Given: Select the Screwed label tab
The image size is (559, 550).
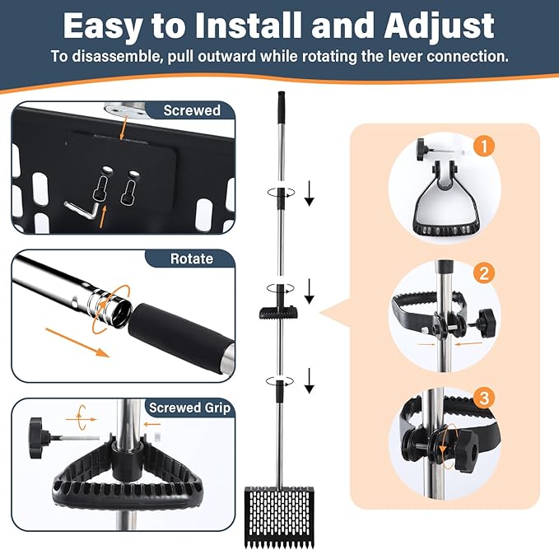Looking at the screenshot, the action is (x=191, y=110).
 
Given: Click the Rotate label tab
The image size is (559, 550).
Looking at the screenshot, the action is (x=191, y=259).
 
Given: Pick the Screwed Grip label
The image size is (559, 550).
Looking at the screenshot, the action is (x=189, y=408).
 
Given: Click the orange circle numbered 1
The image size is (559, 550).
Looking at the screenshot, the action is (x=484, y=146).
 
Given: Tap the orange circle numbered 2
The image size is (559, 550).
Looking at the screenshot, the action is (x=484, y=273).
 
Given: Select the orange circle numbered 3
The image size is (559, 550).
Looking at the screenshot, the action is (x=484, y=398).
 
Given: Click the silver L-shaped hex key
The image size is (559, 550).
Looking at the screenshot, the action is (x=81, y=209).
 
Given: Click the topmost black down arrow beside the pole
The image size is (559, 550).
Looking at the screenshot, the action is (x=309, y=193).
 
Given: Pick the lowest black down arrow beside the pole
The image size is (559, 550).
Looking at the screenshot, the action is (x=309, y=380).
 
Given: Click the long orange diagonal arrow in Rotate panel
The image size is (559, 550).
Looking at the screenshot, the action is (x=77, y=343).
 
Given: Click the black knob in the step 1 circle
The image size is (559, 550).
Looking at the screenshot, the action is (x=423, y=146).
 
